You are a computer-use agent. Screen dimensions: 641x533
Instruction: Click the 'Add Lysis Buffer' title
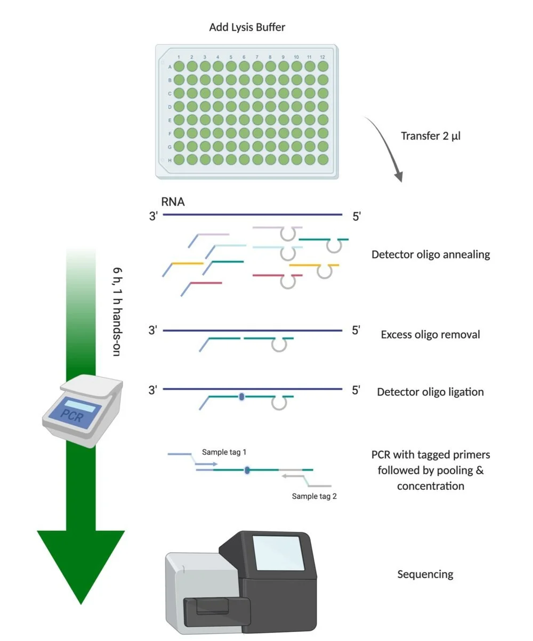click(247, 27)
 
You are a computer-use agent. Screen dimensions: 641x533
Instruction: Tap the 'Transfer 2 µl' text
click(431, 136)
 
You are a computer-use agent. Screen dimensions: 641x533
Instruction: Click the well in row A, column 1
click(179, 67)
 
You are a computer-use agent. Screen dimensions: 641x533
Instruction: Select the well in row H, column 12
click(323, 159)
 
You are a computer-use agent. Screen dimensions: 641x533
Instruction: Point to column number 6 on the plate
click(244, 57)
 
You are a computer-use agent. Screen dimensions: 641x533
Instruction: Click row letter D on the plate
click(170, 106)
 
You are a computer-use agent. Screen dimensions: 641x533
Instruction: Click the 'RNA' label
click(173, 202)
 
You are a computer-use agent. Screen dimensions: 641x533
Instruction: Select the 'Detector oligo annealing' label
click(430, 254)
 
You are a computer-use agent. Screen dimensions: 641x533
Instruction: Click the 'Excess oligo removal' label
click(430, 335)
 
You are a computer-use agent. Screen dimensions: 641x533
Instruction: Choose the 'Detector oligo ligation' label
click(430, 392)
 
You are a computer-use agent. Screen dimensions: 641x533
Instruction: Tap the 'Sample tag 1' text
click(224, 453)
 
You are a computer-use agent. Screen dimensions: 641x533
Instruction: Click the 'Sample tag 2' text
click(314, 496)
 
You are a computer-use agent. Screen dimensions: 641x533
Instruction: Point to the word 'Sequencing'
click(425, 574)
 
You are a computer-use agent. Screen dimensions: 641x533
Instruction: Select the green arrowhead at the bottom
click(80, 564)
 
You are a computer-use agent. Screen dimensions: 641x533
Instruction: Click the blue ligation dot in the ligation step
click(241, 397)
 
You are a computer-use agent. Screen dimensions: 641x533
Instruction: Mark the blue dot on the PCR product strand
click(247, 470)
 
